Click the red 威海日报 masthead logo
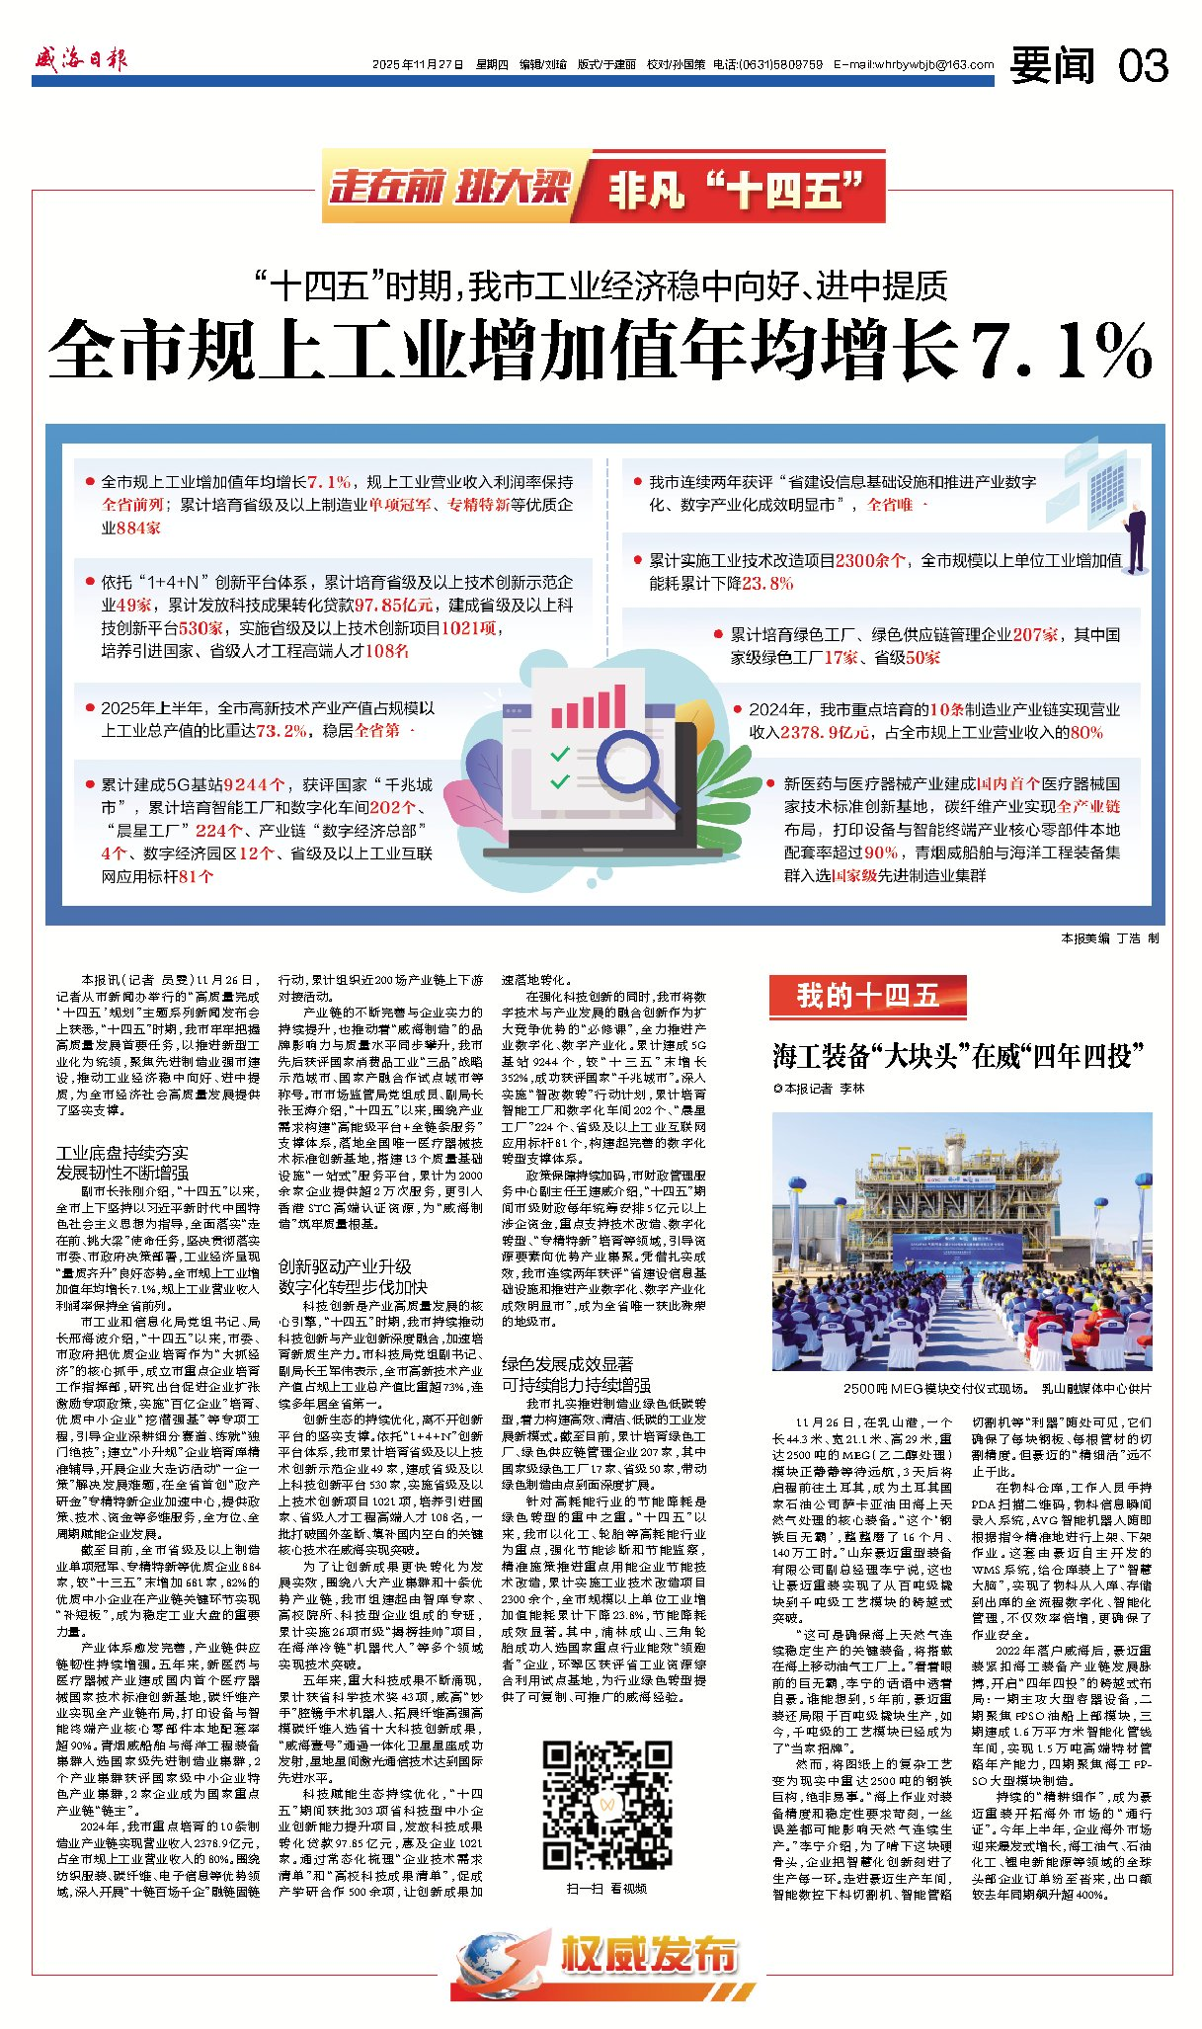(80, 59)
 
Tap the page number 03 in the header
(1144, 66)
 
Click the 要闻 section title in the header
(1052, 66)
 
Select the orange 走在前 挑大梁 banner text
(450, 188)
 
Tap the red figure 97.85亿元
(393, 605)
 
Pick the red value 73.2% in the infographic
(281, 731)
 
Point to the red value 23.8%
(767, 583)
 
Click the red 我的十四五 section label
(867, 995)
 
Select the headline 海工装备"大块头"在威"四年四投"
(957, 1056)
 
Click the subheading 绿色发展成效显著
(568, 1363)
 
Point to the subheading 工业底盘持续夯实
(121, 1153)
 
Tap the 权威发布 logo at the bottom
(602, 1955)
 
